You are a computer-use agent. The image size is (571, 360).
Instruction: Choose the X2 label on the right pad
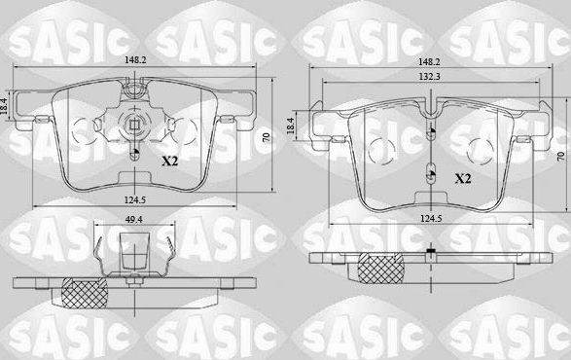click(x=464, y=178)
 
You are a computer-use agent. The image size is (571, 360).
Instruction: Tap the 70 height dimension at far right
click(x=560, y=156)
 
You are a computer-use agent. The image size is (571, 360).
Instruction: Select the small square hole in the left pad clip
click(x=134, y=124)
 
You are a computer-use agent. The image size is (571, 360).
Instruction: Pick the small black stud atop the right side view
click(x=429, y=253)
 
